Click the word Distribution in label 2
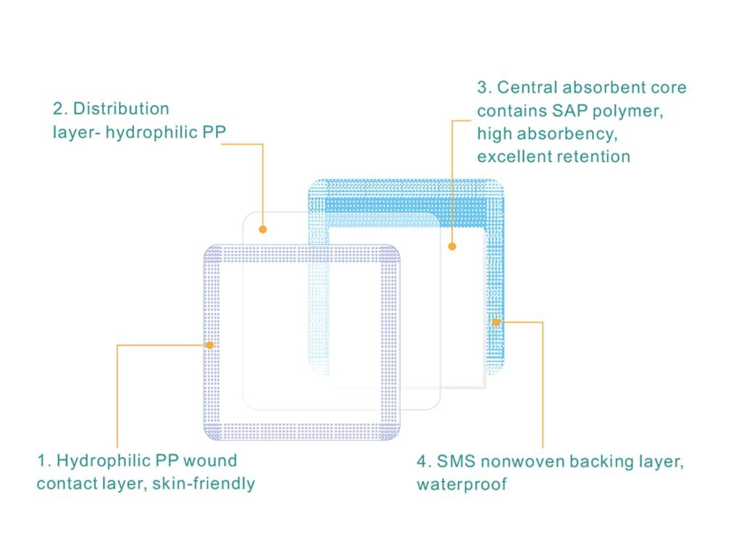coord(121,109)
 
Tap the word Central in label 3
coord(527,88)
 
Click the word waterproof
coord(461,485)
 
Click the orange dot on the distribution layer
coord(263,230)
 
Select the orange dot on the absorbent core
coord(452,246)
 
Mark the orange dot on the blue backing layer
coord(496,322)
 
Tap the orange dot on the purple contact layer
coord(209,346)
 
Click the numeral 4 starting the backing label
coord(422,462)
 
